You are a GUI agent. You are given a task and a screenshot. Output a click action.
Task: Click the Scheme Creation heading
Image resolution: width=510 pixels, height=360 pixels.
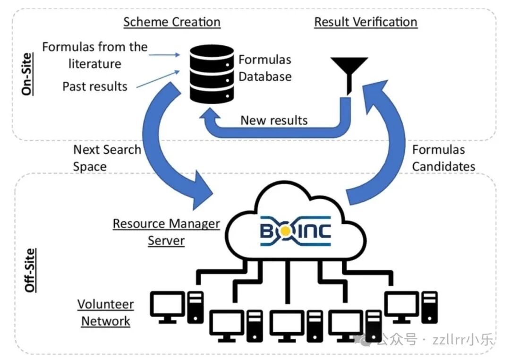click(x=172, y=22)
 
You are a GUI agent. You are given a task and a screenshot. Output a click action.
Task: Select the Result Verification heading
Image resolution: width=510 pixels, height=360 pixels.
click(x=365, y=22)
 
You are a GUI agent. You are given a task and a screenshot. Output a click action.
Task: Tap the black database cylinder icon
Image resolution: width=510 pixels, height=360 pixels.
click(x=212, y=73)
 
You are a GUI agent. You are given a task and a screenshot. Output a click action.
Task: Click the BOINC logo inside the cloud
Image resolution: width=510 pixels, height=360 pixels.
click(x=296, y=231)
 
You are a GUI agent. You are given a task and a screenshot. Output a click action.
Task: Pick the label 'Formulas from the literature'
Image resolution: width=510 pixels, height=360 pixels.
click(x=95, y=55)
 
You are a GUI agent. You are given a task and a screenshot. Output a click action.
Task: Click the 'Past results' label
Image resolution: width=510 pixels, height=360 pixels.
click(x=95, y=86)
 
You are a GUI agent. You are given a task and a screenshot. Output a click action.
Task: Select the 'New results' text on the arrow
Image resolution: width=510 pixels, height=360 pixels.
click(x=274, y=120)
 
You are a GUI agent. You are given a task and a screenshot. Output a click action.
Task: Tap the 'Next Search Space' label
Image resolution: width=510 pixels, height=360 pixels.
click(x=107, y=158)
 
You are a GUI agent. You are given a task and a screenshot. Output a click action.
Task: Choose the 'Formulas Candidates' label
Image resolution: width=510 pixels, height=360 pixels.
click(x=443, y=158)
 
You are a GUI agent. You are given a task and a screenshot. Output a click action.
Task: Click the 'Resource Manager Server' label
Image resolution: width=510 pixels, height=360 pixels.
click(x=166, y=231)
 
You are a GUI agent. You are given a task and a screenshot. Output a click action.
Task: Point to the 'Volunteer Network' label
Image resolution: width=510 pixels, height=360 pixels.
click(x=106, y=312)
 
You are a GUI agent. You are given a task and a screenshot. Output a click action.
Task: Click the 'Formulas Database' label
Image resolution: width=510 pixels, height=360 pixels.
click(x=265, y=68)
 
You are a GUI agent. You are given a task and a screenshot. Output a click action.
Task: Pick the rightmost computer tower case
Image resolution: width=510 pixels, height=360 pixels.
click(x=429, y=307)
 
